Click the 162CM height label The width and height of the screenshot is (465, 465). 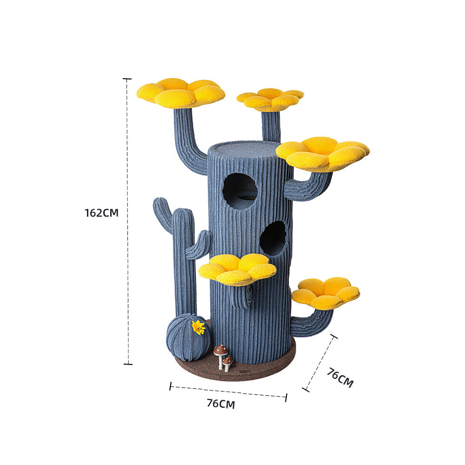click(x=101, y=213)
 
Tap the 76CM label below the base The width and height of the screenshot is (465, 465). click(x=221, y=404)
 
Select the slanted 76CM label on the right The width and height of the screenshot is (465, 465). click(x=339, y=378)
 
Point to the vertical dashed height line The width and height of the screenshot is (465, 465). click(x=127, y=279)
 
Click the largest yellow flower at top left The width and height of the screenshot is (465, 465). click(x=180, y=93)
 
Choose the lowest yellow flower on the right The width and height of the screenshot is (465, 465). click(x=325, y=292)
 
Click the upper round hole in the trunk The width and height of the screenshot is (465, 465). click(x=240, y=191)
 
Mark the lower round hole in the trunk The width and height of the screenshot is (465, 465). click(x=273, y=238)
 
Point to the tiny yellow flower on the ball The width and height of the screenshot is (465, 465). click(x=199, y=327)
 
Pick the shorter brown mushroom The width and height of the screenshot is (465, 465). click(x=227, y=362)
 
